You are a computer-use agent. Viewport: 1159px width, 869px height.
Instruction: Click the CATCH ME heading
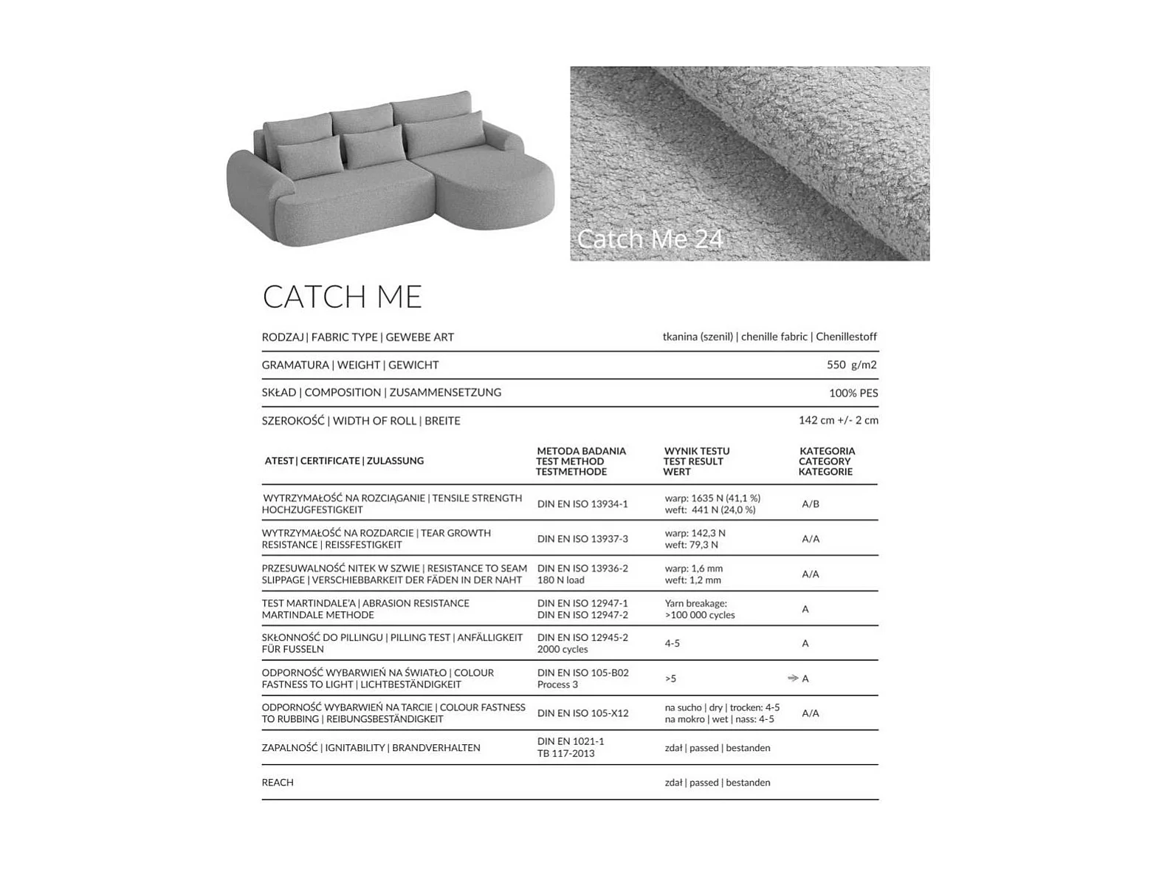click(342, 297)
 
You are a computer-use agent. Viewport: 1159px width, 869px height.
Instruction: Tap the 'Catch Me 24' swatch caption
click(650, 238)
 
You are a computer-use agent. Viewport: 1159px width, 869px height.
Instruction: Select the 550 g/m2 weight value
click(851, 365)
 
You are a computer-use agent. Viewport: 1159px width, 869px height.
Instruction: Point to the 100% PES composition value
click(853, 393)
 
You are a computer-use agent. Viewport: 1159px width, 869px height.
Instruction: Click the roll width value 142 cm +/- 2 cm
click(838, 420)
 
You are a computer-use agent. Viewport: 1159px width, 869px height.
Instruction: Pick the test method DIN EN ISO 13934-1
click(582, 504)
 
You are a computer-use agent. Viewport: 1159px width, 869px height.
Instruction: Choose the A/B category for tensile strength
click(810, 504)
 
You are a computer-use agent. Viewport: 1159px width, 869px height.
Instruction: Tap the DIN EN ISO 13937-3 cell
click(582, 539)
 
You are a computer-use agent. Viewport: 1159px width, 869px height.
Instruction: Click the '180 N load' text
click(560, 580)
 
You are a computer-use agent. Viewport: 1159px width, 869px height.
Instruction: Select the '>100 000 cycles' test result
click(699, 615)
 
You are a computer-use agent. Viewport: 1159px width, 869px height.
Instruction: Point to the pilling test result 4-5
click(672, 644)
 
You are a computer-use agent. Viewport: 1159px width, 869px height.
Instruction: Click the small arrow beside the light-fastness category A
click(793, 678)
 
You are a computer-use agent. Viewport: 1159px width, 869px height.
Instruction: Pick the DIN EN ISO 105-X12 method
click(582, 713)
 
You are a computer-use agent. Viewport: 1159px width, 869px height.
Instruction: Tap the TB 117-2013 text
click(565, 754)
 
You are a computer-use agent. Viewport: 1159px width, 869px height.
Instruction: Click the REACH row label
click(278, 783)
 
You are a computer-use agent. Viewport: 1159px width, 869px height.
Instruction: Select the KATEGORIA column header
click(826, 451)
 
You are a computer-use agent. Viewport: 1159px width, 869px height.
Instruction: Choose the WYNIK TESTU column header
click(696, 451)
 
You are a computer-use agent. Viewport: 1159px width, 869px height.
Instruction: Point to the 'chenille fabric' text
click(774, 337)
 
